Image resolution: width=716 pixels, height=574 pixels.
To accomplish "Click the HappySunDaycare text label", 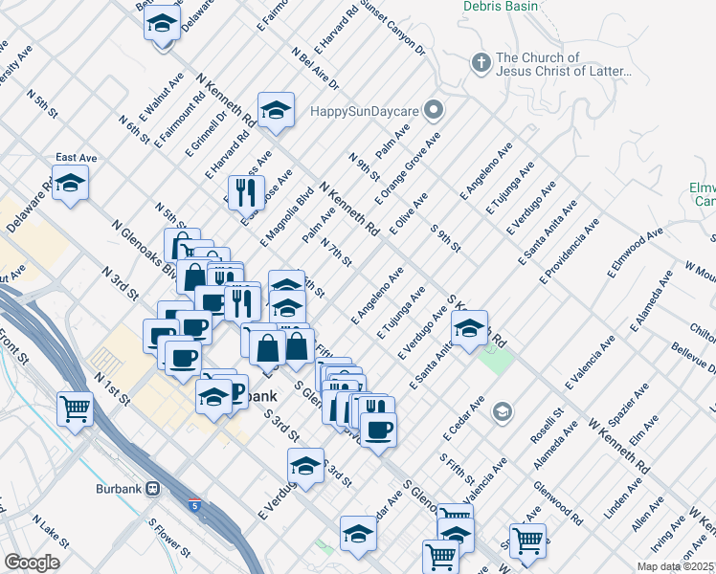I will click(x=364, y=111).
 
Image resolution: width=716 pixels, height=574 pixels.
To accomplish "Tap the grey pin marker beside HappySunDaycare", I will click(x=434, y=110).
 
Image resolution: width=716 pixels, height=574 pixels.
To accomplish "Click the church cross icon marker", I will click(x=481, y=64).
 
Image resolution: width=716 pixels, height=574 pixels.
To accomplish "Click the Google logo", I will click(x=32, y=562).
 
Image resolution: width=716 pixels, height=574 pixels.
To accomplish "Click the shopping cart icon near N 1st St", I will click(x=75, y=408).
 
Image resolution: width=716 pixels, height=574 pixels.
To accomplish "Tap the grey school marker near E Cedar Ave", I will click(x=501, y=412).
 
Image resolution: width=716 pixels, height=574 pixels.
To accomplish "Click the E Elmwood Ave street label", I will click(x=635, y=254).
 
